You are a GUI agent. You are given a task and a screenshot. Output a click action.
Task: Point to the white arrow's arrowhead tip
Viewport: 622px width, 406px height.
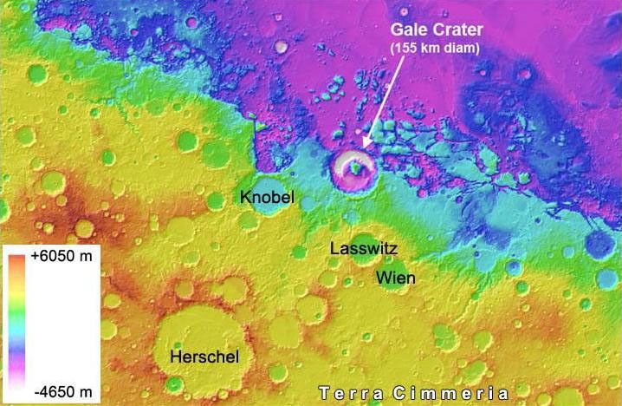tap(362, 146)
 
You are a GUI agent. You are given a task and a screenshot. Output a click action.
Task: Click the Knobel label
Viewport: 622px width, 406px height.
tap(267, 198)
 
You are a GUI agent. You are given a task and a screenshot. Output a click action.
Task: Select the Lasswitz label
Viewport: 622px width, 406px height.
tap(364, 249)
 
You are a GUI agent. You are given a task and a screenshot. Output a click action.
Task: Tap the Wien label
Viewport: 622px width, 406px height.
tap(395, 278)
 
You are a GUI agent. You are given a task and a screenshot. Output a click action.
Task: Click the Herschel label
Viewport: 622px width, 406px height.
tap(204, 357)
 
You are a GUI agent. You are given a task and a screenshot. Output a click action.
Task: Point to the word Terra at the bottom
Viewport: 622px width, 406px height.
tap(350, 392)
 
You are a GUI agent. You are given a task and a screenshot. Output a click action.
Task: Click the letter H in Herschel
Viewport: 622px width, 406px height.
tap(175, 357)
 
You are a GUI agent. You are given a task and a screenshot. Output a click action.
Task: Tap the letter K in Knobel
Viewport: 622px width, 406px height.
tap(245, 198)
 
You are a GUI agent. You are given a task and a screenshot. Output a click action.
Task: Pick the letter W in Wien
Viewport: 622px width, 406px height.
tap(382, 278)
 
